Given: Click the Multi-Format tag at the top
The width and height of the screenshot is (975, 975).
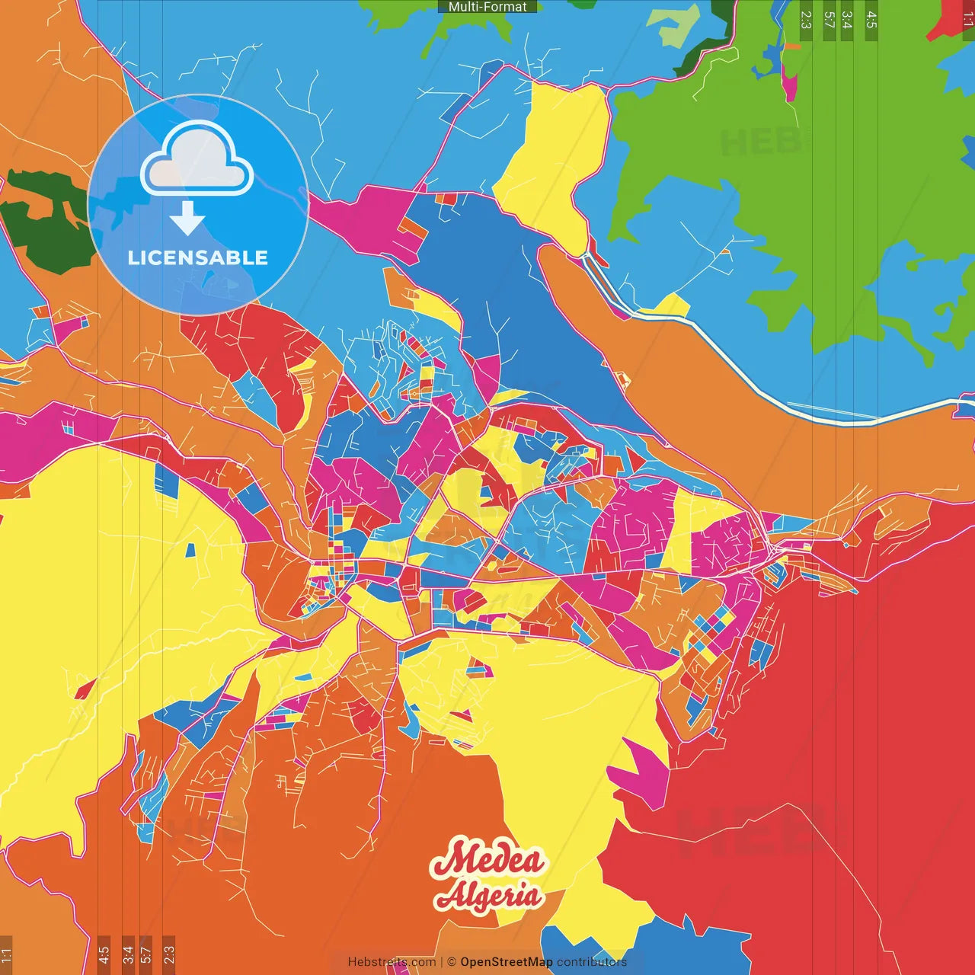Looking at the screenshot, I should pyautogui.click(x=487, y=7).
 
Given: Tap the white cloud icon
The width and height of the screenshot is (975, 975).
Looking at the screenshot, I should pyautogui.click(x=197, y=160).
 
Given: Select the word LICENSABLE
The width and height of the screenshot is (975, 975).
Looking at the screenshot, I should pyautogui.click(x=198, y=257).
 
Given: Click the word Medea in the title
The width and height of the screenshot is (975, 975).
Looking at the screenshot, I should pyautogui.click(x=487, y=861).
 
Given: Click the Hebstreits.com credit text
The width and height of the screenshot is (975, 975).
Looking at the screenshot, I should pyautogui.click(x=392, y=962).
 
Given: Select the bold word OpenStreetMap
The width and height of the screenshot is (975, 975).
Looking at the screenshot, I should pyautogui.click(x=507, y=962).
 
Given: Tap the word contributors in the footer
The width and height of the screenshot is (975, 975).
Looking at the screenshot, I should pyautogui.click(x=592, y=962).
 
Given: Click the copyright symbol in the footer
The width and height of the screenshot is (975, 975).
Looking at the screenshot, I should pyautogui.click(x=452, y=962).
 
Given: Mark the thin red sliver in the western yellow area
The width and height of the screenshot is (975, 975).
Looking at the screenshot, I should pyautogui.click(x=85, y=689).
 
